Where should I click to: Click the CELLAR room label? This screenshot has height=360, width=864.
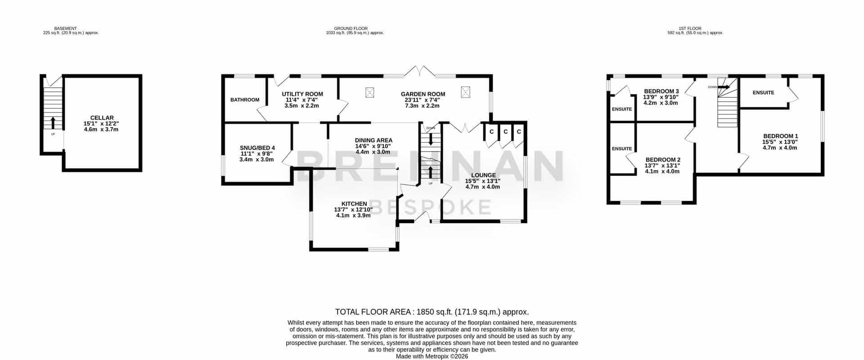102,118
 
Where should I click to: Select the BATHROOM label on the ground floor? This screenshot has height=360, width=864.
245,100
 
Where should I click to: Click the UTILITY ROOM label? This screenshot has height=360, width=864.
302,94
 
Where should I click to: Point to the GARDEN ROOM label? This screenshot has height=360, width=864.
423,94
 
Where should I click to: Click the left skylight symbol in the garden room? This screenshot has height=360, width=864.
370,93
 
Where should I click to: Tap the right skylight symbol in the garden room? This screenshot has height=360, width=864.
465,92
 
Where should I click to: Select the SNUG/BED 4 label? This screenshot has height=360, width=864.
257,148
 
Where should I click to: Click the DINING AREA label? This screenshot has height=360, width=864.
373,140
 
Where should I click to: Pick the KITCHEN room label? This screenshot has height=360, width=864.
354,204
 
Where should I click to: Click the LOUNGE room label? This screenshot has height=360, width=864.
483,175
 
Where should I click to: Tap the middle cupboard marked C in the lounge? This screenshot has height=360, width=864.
505,132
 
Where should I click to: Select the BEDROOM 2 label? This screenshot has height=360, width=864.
663,160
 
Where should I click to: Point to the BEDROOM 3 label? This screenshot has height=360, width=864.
661,91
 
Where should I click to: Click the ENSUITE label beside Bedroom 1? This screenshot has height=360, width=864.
764,93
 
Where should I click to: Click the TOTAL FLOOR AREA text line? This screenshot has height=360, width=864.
432,312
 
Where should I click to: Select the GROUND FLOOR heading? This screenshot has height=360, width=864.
351,28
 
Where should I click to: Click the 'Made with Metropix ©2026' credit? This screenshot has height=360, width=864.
432,356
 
